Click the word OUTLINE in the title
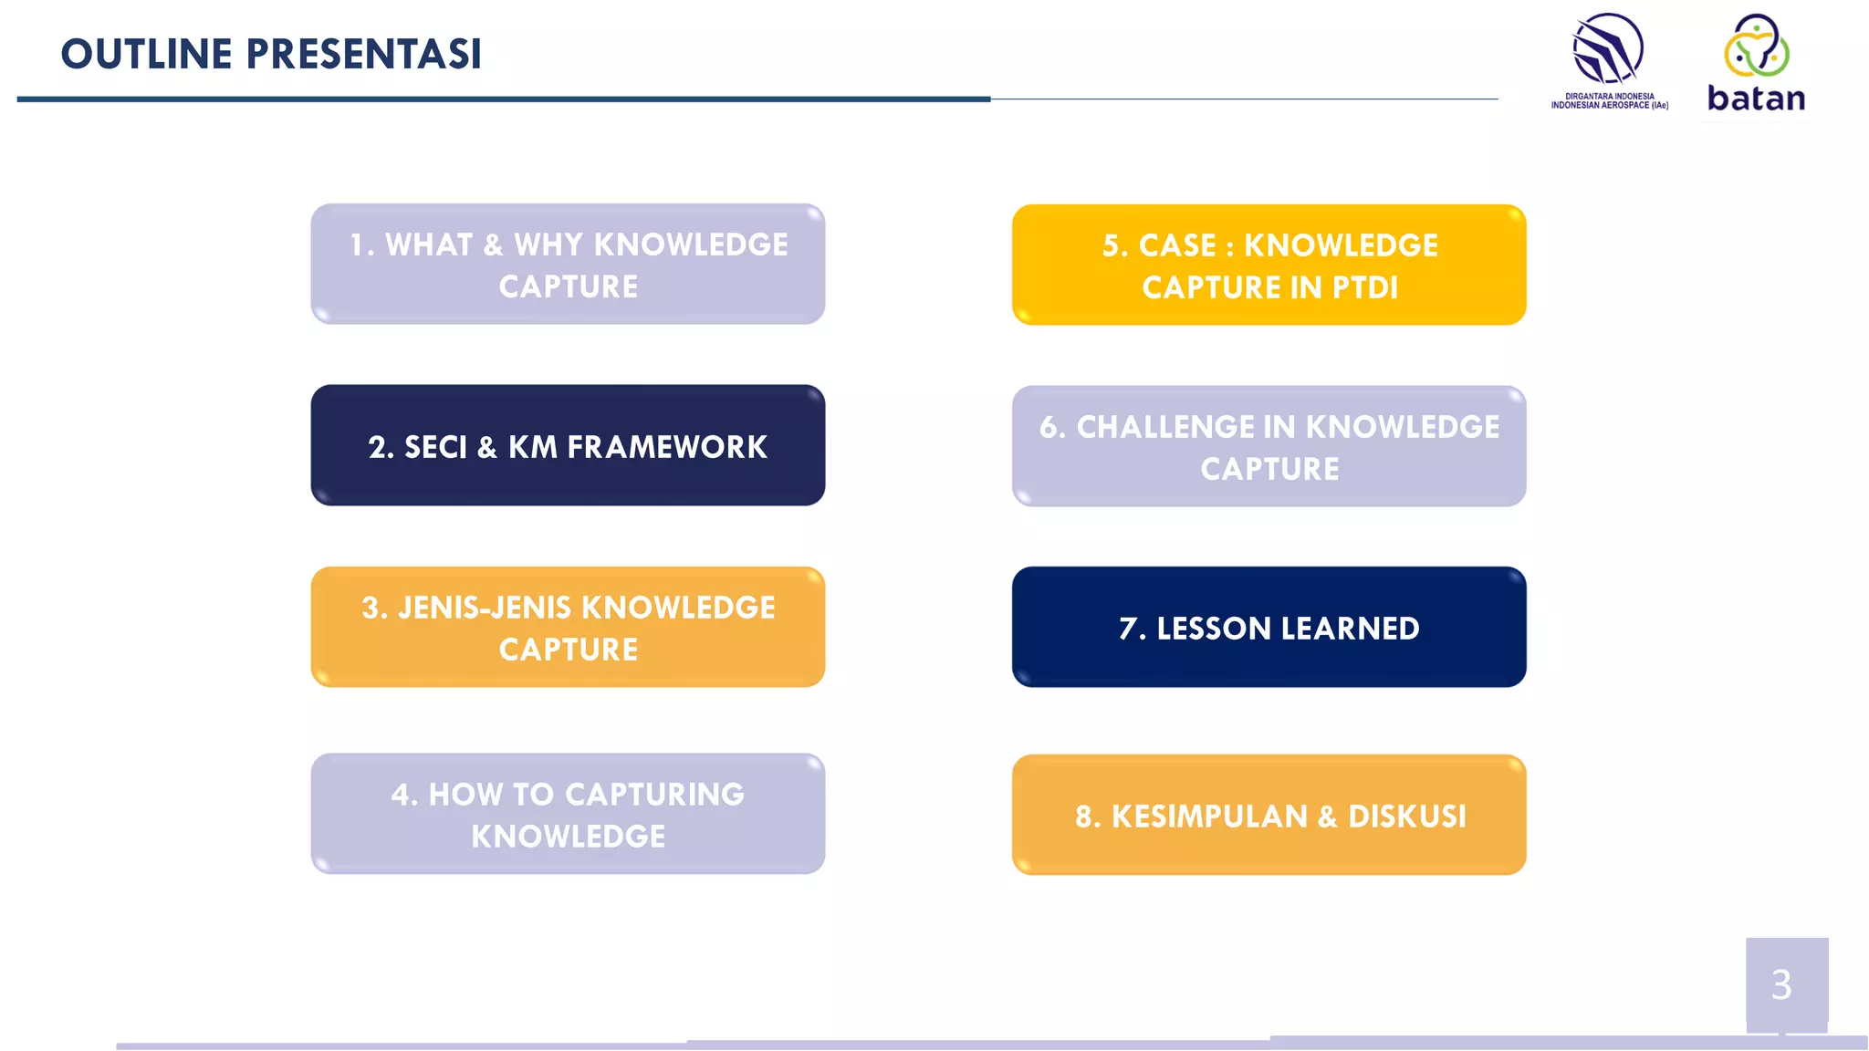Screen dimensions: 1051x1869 coord(146,54)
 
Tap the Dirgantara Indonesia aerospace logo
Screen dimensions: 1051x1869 coord(1609,60)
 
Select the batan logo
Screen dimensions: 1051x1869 coord(1756,64)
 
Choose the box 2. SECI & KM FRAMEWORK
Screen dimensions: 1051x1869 coord(568,445)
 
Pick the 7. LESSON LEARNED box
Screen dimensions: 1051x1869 coord(1269,628)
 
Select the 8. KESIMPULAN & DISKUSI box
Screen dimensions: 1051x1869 coord(1269,815)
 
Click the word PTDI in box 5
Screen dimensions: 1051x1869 coord(1364,287)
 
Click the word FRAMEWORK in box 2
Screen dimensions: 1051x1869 coord(666,447)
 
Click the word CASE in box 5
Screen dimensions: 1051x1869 coord(1177,245)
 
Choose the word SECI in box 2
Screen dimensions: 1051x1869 coord(435,447)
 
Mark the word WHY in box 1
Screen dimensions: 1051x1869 coord(548,245)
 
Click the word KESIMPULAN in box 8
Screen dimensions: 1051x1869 coord(1209,817)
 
